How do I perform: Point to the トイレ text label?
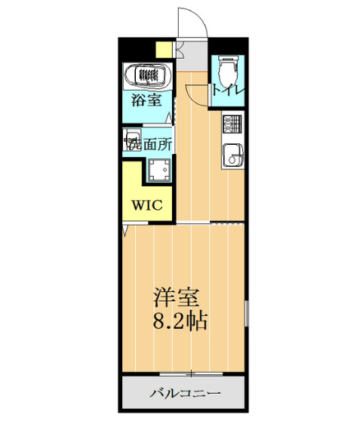pyautogui.click(x=228, y=91)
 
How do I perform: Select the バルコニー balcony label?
pyautogui.click(x=184, y=394)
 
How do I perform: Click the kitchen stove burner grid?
pyautogui.click(x=232, y=122)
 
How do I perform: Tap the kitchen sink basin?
pyautogui.click(x=232, y=157)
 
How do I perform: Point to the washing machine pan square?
pyautogui.click(x=160, y=171)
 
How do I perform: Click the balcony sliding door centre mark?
pyautogui.click(x=193, y=373)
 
